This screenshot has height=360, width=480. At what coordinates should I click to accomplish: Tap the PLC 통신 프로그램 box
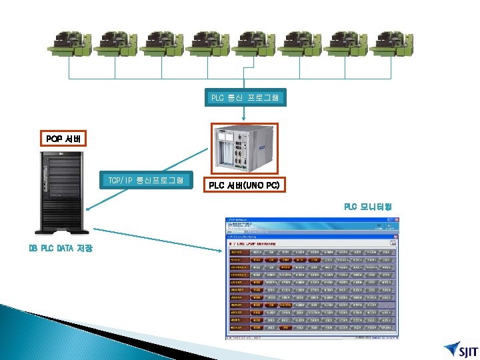[245, 98]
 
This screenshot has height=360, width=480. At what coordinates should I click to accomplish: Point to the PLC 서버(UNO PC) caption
[244, 185]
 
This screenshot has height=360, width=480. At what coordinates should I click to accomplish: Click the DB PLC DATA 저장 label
[61, 249]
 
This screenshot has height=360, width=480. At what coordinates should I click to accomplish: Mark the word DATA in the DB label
[65, 249]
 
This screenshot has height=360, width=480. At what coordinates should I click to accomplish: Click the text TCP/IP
[121, 181]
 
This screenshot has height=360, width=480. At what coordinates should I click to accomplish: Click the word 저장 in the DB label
[85, 249]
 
